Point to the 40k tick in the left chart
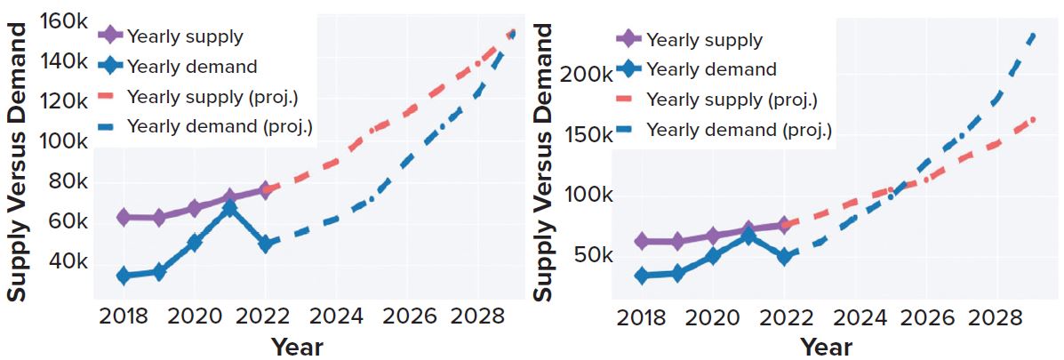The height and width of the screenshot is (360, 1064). pos(68,262)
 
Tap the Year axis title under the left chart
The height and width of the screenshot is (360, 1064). pos(297,346)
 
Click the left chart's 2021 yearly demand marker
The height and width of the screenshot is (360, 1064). pos(229,209)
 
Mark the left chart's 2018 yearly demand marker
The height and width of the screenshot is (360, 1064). pos(124,276)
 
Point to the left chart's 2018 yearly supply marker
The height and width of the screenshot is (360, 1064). pos(124,217)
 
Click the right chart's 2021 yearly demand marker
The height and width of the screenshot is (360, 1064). pos(748,236)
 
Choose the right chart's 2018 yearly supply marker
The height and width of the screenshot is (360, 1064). pos(642,241)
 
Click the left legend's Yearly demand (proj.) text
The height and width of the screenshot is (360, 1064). pos(220,126)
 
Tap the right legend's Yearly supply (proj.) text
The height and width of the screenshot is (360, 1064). pos(732,100)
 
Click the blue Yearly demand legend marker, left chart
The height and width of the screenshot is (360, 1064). pos(109,67)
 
